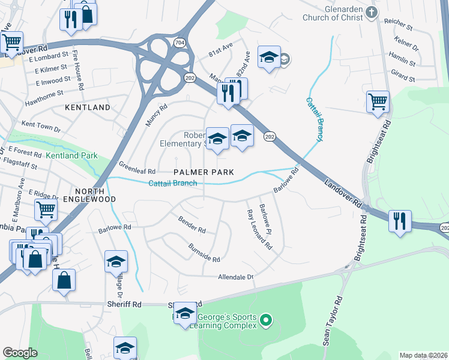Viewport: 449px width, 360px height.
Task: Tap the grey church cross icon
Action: point(372,12)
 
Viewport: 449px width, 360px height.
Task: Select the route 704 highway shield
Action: point(179,43)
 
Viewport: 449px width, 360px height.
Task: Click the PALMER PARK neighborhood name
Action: point(203,172)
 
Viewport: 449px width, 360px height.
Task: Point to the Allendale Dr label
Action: point(236,277)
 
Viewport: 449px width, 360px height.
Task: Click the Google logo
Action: point(20,353)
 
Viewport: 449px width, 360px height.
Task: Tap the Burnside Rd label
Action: point(204,253)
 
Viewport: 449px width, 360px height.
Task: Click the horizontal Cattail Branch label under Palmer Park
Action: point(173,183)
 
